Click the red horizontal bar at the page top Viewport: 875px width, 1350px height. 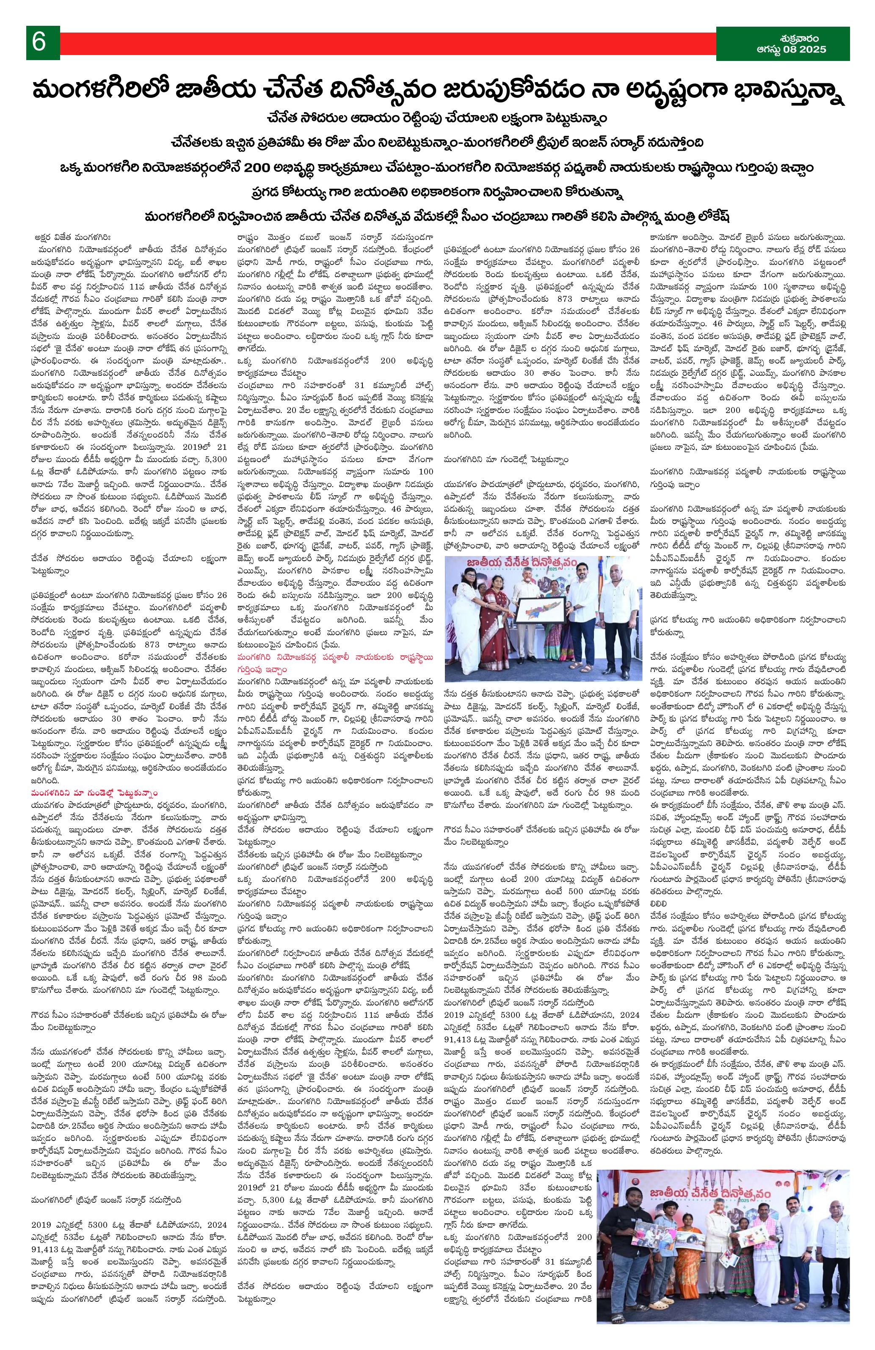point(386,43)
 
